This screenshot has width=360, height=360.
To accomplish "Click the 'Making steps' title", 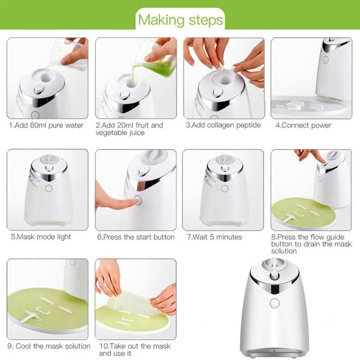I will pyautogui.click(x=180, y=20).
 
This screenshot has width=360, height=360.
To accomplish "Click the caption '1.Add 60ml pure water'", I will pyautogui.click(x=46, y=125).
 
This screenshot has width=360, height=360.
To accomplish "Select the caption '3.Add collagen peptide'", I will pyautogui.click(x=223, y=125).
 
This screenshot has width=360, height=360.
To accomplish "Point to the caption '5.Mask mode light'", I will pyautogui.click(x=40, y=237).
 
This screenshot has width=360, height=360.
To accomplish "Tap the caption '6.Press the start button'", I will pyautogui.click(x=136, y=237).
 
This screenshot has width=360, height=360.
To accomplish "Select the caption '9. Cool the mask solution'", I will pyautogui.click(x=49, y=346).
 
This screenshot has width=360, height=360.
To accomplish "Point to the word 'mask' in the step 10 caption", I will pyautogui.click(x=161, y=346).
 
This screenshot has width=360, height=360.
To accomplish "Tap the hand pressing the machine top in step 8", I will pyautogui.click(x=310, y=155).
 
